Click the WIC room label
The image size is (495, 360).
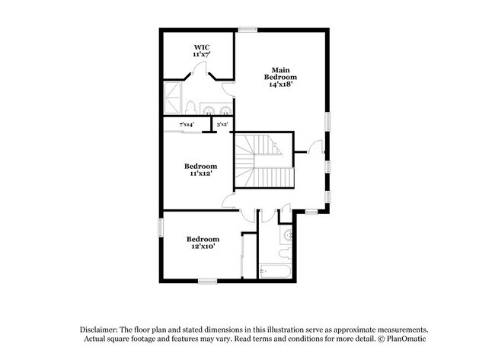[201, 47]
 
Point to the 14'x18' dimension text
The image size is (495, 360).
[280, 84]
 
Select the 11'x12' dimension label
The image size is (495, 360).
[201, 174]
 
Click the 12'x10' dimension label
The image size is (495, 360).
[203, 247]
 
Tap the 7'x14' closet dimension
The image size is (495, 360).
[186, 124]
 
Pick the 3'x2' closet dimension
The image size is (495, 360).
[222, 124]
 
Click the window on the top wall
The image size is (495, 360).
[247, 30]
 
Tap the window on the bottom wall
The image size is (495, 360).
[208, 282]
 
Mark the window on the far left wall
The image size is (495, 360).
[161, 228]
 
